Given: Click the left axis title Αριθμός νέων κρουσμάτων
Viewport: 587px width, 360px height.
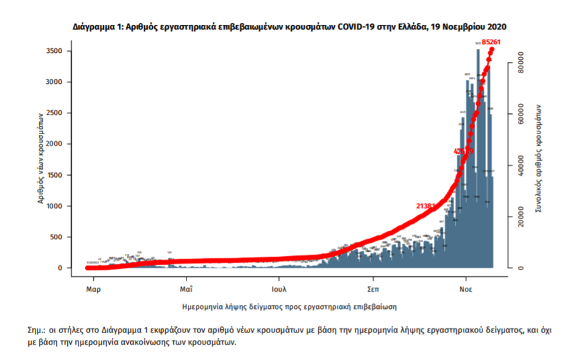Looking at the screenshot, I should click(x=40, y=159).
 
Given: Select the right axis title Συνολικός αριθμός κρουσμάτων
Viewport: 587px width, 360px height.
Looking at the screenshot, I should click(x=539, y=159).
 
